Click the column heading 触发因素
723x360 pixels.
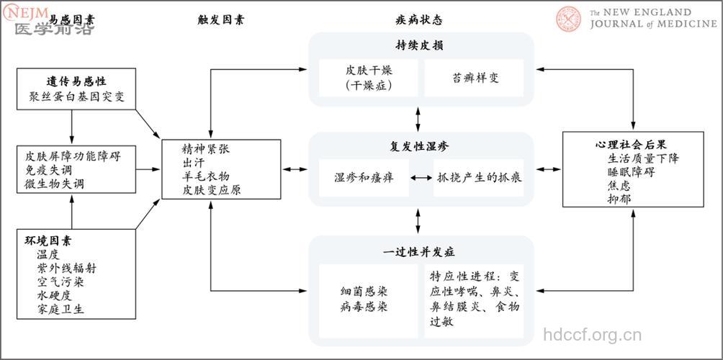220,20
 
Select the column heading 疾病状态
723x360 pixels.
419,20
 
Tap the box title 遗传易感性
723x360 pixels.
76,81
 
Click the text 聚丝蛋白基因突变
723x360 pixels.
76,96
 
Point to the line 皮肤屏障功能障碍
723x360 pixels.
73,156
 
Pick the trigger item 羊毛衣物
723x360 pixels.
206,176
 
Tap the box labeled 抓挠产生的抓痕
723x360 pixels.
480,178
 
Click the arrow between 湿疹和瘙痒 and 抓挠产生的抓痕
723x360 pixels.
421,178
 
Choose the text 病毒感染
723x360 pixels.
364,307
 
